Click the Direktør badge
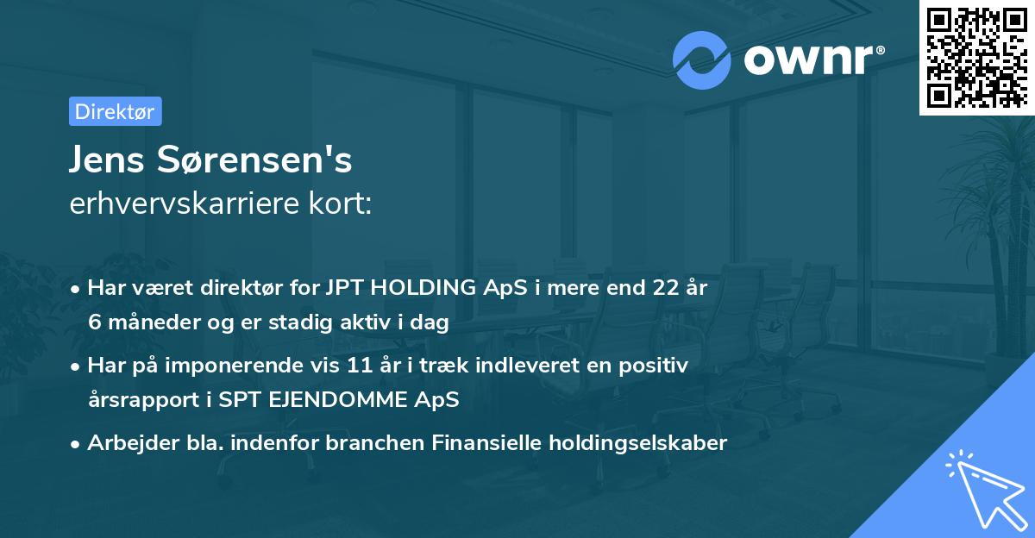(x=115, y=111)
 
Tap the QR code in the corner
(x=976, y=57)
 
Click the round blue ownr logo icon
(x=702, y=59)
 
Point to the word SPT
(x=247, y=400)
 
